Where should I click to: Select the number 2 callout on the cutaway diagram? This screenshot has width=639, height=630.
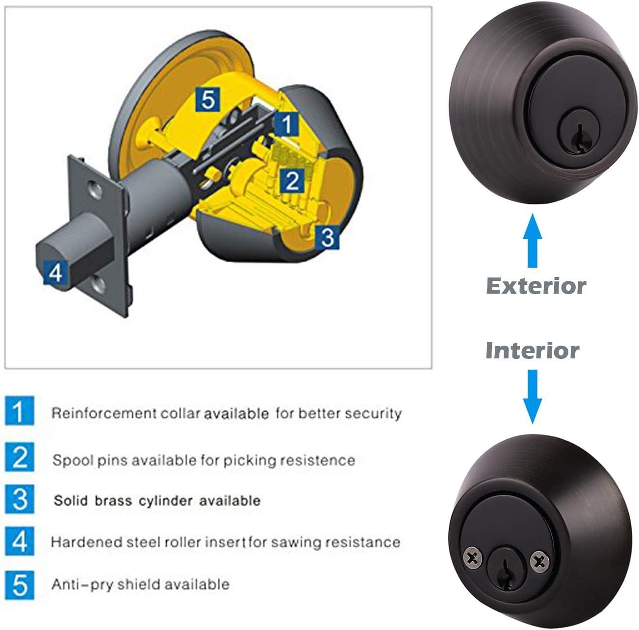coord(292,180)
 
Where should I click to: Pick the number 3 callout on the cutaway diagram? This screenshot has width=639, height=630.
coord(327,237)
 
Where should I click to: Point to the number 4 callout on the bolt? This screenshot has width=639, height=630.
coord(55,272)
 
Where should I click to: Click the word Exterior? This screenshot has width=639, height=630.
coord(536,286)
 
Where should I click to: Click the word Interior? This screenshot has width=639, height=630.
coord(532,351)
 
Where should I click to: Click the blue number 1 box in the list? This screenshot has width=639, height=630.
coord(20,411)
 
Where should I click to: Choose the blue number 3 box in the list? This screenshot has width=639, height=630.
coord(20,499)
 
